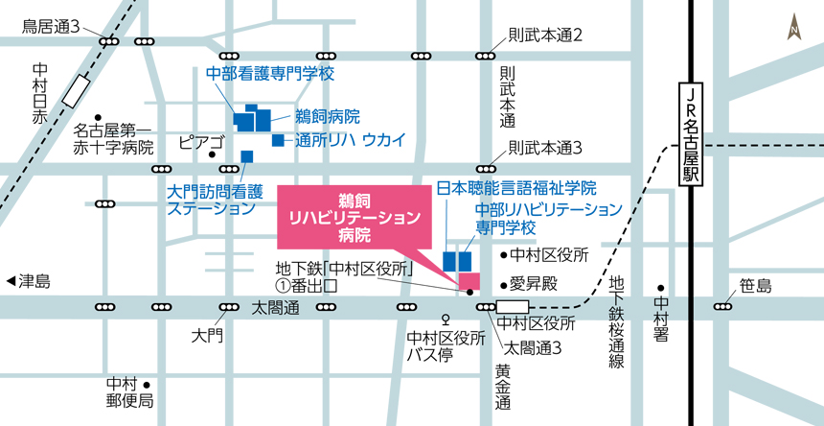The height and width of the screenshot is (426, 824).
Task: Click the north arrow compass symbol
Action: click(x=793, y=28)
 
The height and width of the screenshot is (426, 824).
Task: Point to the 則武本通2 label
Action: click(x=546, y=35)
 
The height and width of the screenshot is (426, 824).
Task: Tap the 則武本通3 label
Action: click(x=546, y=148)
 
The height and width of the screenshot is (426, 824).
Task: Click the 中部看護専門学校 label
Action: click(x=270, y=73)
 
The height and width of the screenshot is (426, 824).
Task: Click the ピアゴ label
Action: click(x=201, y=143)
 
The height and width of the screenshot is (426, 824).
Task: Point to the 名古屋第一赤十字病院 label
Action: click(x=114, y=138)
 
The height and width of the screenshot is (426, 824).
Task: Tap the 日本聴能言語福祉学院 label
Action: click(x=516, y=187)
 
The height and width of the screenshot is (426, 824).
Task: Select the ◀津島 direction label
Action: click(x=28, y=282)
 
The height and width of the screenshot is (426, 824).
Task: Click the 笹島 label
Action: click(x=756, y=286)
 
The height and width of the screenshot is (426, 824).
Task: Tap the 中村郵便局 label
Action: click(x=130, y=391)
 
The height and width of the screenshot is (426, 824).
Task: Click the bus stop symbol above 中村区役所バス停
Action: click(x=445, y=319)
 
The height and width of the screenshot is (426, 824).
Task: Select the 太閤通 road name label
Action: click(x=276, y=309)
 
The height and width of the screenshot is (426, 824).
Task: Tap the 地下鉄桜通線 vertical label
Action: click(x=617, y=322)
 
